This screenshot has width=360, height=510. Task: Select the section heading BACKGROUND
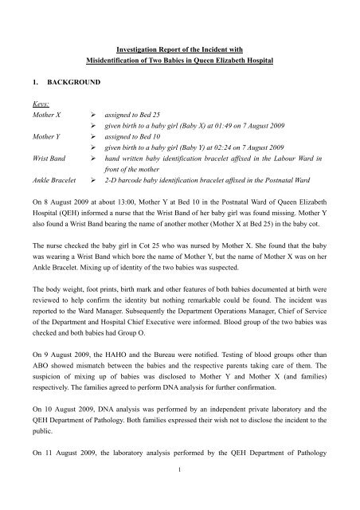85,81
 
